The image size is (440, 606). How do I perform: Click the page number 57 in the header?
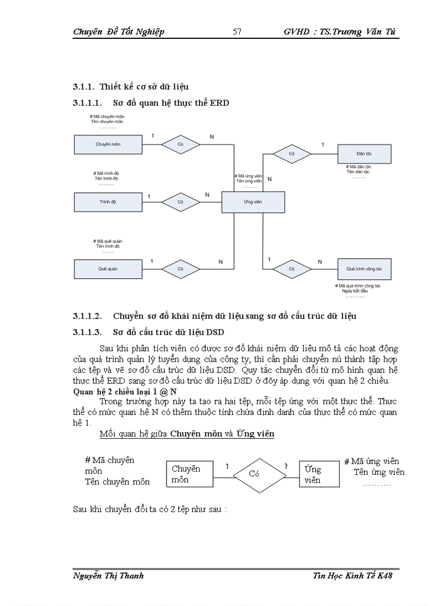click(x=237, y=32)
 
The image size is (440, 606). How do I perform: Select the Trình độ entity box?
click(x=108, y=202)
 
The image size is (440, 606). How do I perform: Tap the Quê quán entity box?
click(x=108, y=269)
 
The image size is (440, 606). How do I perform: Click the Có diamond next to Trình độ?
click(x=181, y=202)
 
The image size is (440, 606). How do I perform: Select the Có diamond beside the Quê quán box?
click(x=181, y=269)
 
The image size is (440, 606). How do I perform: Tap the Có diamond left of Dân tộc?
click(x=292, y=154)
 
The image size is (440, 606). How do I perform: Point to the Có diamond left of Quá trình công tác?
click(x=292, y=268)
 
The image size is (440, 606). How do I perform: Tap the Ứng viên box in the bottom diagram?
click(x=319, y=474)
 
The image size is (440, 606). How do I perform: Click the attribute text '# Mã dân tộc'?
click(x=360, y=167)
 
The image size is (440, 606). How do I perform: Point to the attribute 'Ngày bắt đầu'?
click(x=355, y=291)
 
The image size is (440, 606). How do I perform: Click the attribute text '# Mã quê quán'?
click(x=108, y=241)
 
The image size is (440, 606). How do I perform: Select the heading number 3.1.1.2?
click(x=87, y=316)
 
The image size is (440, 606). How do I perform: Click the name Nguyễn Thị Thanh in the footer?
click(x=108, y=576)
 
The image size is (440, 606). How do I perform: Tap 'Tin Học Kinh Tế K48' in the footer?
click(x=353, y=576)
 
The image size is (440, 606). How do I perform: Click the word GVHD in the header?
click(x=296, y=32)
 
